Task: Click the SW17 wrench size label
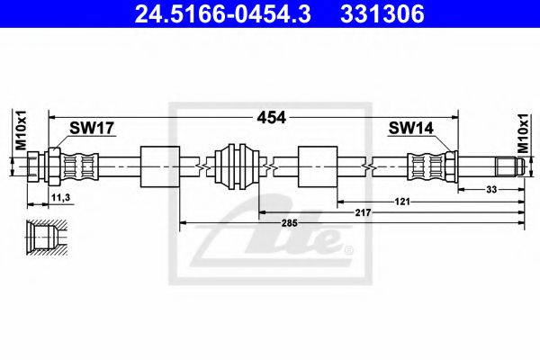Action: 93,129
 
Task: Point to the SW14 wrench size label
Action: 410,129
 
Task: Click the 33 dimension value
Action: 491,190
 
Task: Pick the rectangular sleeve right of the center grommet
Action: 316,166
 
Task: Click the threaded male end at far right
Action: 506,166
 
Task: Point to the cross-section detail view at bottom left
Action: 44,239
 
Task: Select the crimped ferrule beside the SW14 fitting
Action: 423,166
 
